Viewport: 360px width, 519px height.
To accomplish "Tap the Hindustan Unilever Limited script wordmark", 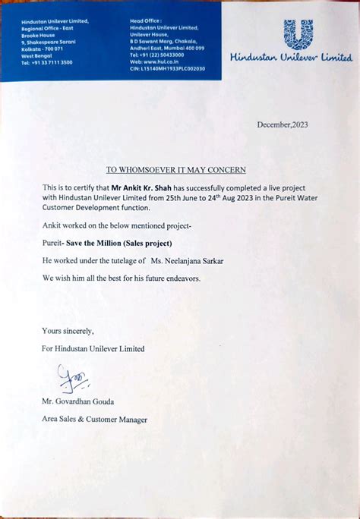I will [291, 58].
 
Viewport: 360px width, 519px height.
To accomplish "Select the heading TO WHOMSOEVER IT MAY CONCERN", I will [175, 170].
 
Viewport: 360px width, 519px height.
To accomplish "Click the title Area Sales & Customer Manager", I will [95, 419].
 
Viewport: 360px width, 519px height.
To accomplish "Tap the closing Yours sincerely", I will [68, 331].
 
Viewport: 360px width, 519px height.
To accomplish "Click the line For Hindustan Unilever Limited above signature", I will [93, 349].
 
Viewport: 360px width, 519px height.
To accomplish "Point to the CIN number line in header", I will [167, 68].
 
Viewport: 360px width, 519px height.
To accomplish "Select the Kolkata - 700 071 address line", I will [43, 49].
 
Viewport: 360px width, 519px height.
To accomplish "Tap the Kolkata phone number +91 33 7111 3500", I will [47, 62].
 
